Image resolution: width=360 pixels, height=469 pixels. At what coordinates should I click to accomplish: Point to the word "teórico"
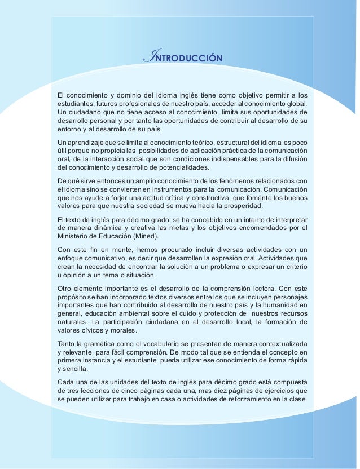coord(187,142)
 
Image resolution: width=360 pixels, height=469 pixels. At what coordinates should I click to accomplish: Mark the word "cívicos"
coord(91,331)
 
